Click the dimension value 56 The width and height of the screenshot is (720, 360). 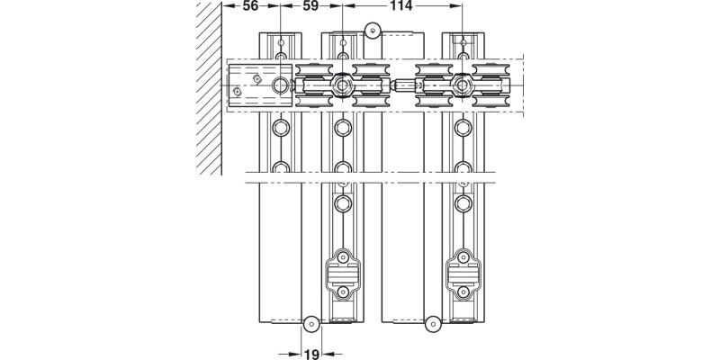pyautogui.click(x=250, y=7)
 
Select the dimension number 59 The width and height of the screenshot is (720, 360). pyautogui.click(x=310, y=7)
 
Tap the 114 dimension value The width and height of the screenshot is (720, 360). pyautogui.click(x=401, y=7)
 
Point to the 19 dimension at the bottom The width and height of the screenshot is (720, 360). pyautogui.click(x=310, y=353)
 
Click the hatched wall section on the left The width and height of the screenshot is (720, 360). pyautogui.click(x=209, y=90)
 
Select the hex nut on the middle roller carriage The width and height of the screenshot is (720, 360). pyautogui.click(x=341, y=85)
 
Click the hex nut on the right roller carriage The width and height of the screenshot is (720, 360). pyautogui.click(x=463, y=85)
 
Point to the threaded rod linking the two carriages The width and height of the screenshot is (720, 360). pyautogui.click(x=402, y=86)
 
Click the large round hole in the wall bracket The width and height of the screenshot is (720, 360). pyautogui.click(x=282, y=85)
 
